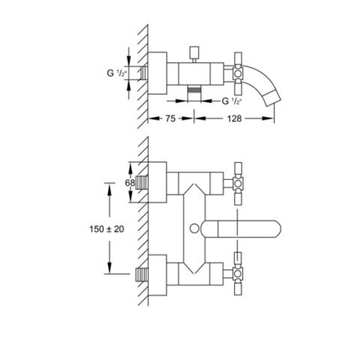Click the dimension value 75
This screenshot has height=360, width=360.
[170, 119]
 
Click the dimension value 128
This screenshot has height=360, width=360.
[234, 119]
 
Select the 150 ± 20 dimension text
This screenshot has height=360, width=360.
[106, 229]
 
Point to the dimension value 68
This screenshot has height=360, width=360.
[130, 182]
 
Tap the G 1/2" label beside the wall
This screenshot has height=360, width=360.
[117, 73]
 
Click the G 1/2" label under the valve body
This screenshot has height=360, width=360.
[232, 101]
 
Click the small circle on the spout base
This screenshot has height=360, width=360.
[195, 228]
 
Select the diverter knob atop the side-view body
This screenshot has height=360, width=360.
[194, 52]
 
